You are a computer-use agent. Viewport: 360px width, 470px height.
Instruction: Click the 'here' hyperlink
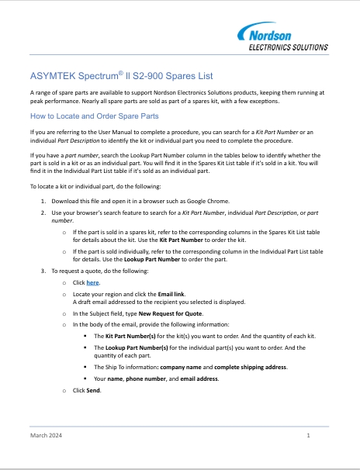pyautogui.click(x=92, y=284)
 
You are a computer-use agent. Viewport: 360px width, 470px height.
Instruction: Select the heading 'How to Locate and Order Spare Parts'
pyautogui.click(x=94, y=116)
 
